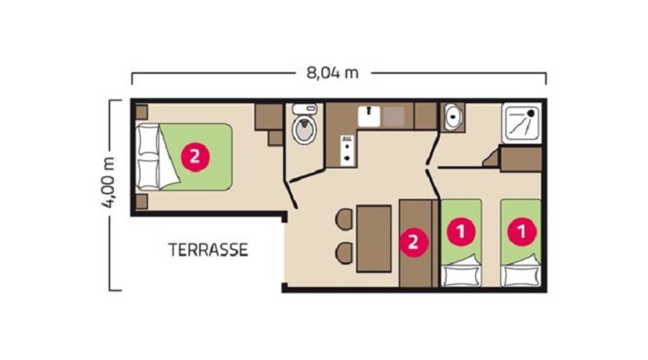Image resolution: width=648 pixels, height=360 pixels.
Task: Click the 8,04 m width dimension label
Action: (x=332, y=73)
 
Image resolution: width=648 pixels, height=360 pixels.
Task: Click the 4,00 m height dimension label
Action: (x=109, y=182)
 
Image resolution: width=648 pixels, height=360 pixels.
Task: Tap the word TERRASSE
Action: (x=208, y=250)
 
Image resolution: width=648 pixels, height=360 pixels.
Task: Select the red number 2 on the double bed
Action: (x=195, y=157)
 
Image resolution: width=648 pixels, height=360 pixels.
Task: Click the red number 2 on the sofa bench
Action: (x=413, y=242)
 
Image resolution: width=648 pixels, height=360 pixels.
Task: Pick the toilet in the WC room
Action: (x=305, y=124)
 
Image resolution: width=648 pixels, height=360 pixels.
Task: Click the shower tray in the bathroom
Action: (x=521, y=123)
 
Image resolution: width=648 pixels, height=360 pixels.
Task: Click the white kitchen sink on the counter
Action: (x=369, y=117)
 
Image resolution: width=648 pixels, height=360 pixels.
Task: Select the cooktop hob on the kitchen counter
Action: (x=348, y=151)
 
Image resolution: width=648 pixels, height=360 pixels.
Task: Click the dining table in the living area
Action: (x=374, y=238)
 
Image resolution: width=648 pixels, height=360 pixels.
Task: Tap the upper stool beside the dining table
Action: (x=344, y=219)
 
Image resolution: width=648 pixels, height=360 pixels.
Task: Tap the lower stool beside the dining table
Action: (x=344, y=253)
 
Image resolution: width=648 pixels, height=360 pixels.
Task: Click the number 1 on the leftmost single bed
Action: (x=462, y=231)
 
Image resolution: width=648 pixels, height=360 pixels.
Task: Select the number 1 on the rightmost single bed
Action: (x=522, y=231)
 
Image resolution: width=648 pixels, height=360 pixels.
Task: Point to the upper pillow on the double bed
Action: (x=148, y=139)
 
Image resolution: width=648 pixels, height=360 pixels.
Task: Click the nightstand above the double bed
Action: (x=141, y=112)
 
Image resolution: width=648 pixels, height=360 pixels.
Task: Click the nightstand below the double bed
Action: (x=141, y=202)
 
